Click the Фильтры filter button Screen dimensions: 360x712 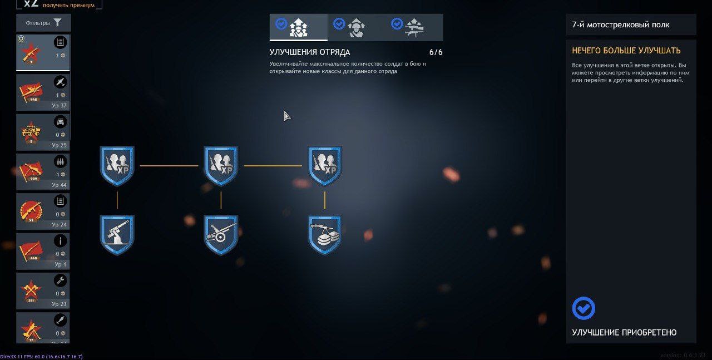tap(43, 23)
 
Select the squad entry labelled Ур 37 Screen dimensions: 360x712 tap(43, 92)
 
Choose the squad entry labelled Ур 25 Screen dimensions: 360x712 tap(43, 132)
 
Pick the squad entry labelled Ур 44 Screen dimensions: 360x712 tap(43, 172)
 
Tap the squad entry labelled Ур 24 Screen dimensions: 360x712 tap(43, 211)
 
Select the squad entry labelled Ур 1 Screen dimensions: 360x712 tap(43, 251)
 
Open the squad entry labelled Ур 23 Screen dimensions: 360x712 tap(43, 291)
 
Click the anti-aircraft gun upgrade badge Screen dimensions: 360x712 tap(117, 234)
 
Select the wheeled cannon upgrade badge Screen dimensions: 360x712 tap(221, 234)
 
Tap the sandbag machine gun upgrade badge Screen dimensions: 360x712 tap(325, 234)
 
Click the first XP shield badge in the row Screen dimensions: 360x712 tap(117, 165)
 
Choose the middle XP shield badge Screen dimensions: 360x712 tap(221, 165)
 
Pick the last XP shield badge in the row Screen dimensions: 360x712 tap(325, 165)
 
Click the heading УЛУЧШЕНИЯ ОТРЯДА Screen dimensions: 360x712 tap(310, 52)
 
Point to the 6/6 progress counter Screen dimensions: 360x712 tap(436, 52)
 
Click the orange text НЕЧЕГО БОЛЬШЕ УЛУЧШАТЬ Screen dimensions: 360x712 tap(626, 51)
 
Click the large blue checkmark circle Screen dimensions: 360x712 tap(584, 308)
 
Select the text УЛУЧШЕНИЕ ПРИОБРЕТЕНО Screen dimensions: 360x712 tap(624, 333)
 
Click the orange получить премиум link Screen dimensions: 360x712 tap(68, 5)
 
